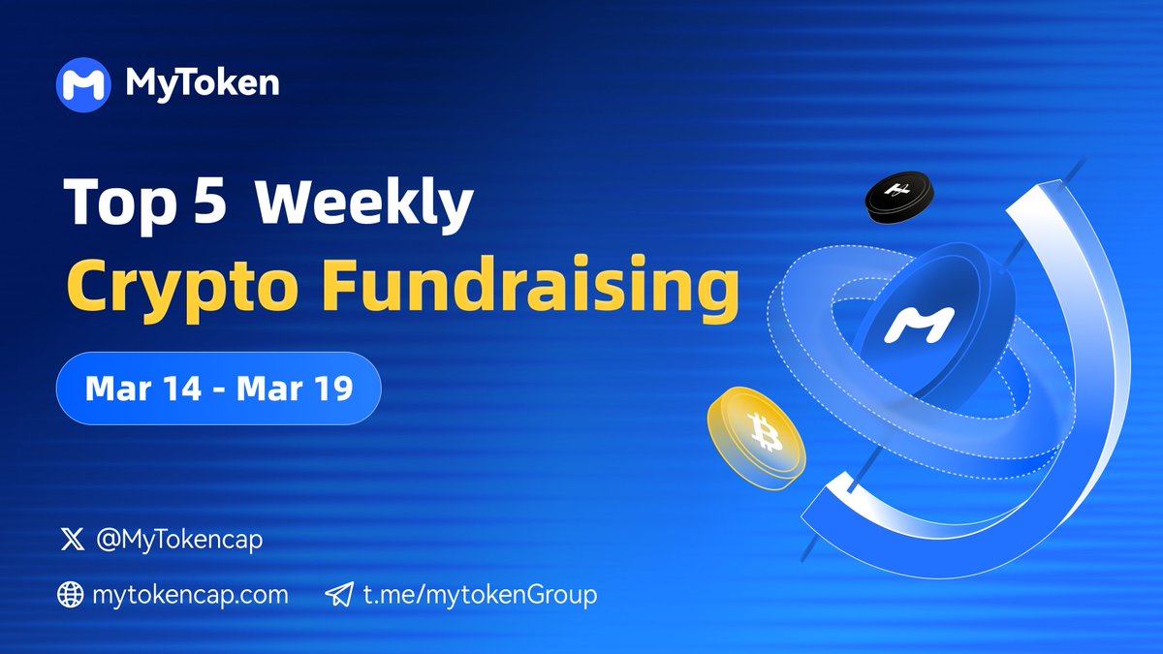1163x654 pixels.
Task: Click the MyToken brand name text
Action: [x=203, y=84]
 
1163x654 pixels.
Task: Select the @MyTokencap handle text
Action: [x=179, y=540]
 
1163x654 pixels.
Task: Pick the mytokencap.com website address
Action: [x=190, y=595]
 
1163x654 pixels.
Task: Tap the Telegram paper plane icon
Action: [x=338, y=595]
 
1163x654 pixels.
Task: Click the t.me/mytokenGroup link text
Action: [x=480, y=595]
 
